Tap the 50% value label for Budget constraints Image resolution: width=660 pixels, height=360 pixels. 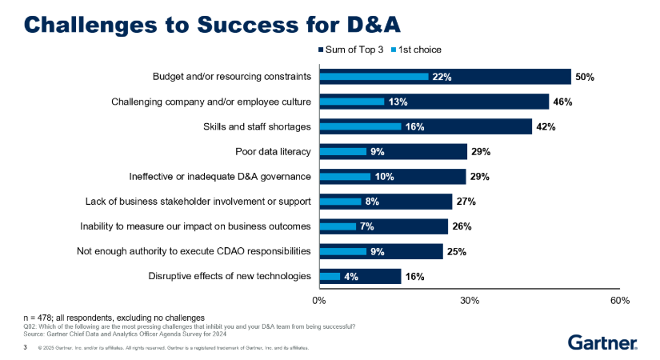pyautogui.click(x=584, y=77)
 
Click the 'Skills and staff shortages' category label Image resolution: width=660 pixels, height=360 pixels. pyautogui.click(x=256, y=126)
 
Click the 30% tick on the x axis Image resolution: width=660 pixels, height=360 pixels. pyautogui.click(x=470, y=301)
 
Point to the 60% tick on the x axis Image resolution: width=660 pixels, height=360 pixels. pyautogui.click(x=620, y=301)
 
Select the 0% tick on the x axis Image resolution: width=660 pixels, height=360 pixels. pyautogui.click(x=319, y=301)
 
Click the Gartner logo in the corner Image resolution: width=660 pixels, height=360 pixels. pyautogui.click(x=602, y=342)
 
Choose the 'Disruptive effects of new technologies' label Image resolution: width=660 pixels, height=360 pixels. pyautogui.click(x=230, y=276)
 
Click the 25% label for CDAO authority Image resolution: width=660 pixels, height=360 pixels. pyautogui.click(x=456, y=251)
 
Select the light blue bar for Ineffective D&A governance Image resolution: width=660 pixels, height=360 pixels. pyautogui.click(x=345, y=176)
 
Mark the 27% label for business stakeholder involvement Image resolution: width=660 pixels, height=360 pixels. pyautogui.click(x=466, y=202)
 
